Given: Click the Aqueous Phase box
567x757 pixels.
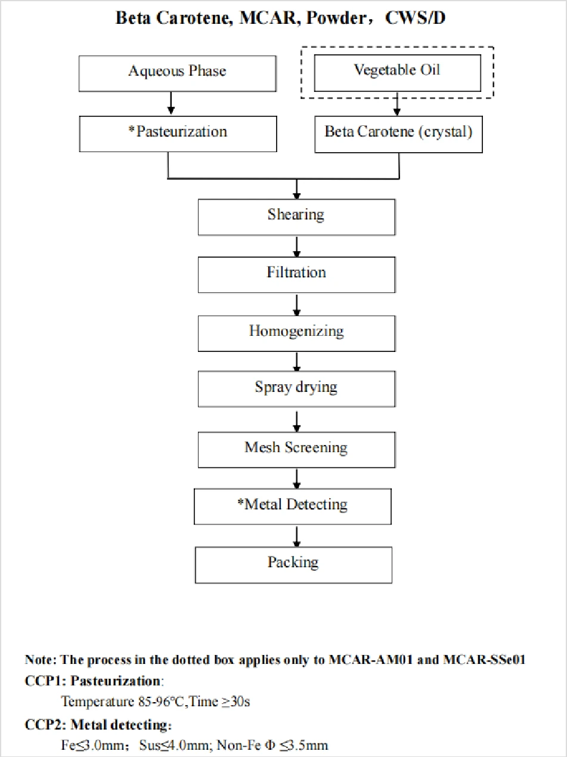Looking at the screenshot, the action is point(178,73).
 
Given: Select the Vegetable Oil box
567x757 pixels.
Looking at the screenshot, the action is point(398,73).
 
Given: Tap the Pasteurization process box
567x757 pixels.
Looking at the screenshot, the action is point(178,134).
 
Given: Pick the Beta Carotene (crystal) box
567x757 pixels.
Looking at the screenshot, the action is point(398,134).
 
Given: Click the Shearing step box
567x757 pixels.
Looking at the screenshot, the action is point(296,217).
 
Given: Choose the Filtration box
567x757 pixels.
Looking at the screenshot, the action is point(296,275).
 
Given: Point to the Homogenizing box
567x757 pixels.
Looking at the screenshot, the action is point(296,333).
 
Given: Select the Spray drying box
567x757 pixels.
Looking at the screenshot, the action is point(296,389).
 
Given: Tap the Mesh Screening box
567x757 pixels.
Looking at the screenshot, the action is point(296,450).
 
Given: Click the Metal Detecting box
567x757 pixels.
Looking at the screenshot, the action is point(293,506).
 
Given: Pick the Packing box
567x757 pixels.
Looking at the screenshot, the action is point(293,565).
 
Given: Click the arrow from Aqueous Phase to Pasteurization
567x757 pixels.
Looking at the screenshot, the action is point(171,103).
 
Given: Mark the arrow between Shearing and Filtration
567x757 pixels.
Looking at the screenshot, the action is point(297,246).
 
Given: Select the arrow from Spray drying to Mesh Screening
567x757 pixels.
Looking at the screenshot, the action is point(297,420).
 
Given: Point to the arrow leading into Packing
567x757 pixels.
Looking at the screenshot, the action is point(297,536).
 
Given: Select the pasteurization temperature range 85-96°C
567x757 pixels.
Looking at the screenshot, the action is point(161,702).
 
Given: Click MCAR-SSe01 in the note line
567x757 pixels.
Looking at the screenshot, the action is point(484,659).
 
